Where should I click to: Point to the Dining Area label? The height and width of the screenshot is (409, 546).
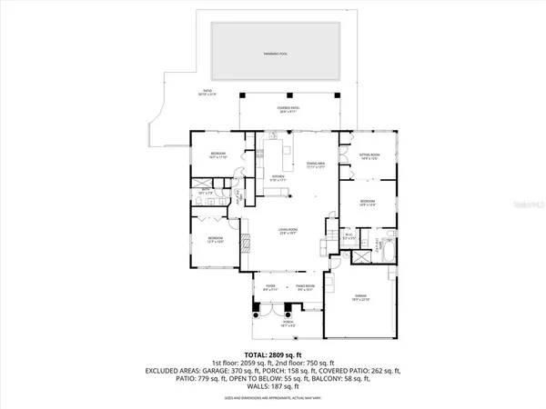coord(317,165)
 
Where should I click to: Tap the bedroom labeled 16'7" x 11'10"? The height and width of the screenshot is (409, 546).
coord(218,155)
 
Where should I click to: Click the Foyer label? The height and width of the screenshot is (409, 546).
coord(270,287)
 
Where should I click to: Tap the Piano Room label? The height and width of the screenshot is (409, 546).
coord(306,287)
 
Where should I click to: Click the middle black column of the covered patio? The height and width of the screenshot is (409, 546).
coord(290,95)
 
